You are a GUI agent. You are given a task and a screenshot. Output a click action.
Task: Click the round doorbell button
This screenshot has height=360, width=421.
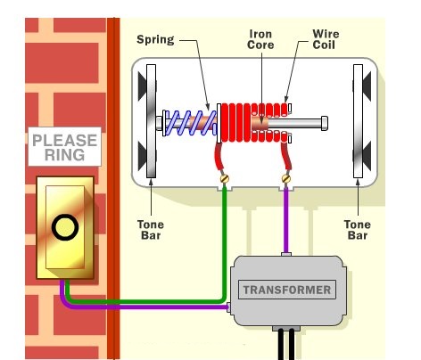65,227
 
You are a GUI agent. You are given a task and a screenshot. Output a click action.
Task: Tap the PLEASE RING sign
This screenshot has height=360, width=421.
65,147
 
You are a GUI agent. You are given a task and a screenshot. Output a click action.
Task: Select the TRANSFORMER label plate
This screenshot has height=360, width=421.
287,290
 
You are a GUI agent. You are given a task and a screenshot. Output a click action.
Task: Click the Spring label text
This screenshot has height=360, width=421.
155,39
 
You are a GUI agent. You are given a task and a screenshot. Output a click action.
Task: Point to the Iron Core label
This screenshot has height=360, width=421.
260,39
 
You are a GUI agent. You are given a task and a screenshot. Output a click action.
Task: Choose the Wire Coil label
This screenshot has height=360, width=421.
326,39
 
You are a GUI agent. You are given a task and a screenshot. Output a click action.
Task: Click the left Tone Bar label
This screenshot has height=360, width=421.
151,230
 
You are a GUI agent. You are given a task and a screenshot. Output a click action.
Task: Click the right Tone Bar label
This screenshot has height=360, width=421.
358,230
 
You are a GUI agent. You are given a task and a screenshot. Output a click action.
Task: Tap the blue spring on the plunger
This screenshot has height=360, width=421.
190,123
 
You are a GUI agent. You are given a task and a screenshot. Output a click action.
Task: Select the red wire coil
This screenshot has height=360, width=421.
254,122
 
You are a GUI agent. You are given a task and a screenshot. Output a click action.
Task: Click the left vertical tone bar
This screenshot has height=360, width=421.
151,121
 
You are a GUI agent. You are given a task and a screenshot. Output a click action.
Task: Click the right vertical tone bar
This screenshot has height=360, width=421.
358,121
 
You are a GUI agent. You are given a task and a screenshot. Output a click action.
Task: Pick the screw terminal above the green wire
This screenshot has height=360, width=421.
225,178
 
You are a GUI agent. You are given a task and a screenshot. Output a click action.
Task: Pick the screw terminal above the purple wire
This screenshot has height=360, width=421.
286,178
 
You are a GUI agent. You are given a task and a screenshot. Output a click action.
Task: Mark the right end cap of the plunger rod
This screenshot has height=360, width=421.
325,123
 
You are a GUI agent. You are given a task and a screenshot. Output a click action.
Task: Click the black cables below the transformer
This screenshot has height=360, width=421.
286,345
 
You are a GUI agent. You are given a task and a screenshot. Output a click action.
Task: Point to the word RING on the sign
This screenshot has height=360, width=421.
65,155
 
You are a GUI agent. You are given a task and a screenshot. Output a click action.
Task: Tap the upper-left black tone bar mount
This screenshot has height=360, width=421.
143,86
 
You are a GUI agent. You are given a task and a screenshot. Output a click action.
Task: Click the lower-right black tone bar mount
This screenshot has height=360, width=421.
367,156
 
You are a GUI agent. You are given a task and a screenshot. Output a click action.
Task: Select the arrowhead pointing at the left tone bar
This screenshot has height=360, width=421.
151,181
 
